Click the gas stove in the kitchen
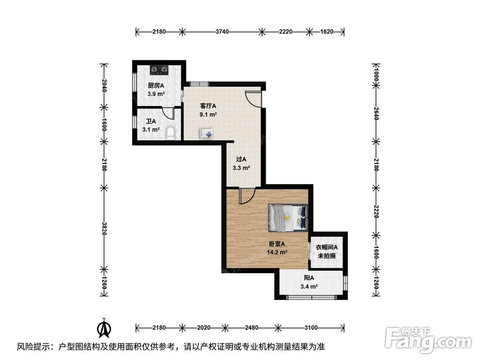[159, 70]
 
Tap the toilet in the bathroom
[171, 134]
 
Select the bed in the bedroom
[288, 217]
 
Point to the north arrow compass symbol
[104, 328]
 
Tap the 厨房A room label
[156, 86]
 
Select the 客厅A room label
[208, 106]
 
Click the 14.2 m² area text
[277, 252]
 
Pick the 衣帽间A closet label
[326, 247]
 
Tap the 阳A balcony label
[309, 278]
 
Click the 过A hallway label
[241, 159]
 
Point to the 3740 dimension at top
[222, 32]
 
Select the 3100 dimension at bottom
[311, 328]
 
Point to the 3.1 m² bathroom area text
[151, 130]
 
